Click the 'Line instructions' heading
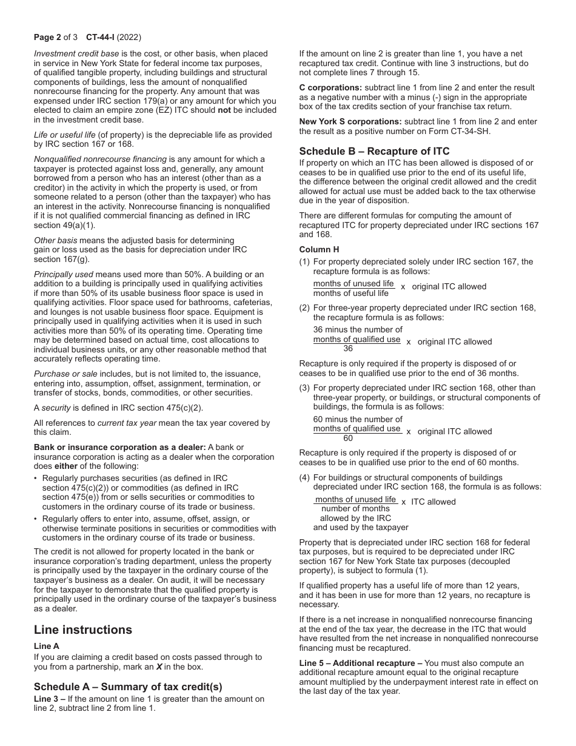click(82, 630)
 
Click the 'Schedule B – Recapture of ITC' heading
click(374, 151)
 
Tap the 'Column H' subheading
click(319, 249)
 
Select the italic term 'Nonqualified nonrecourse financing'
click(100, 159)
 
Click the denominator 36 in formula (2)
click(347, 349)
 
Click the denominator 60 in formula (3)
click(347, 439)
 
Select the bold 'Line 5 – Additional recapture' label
click(360, 663)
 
